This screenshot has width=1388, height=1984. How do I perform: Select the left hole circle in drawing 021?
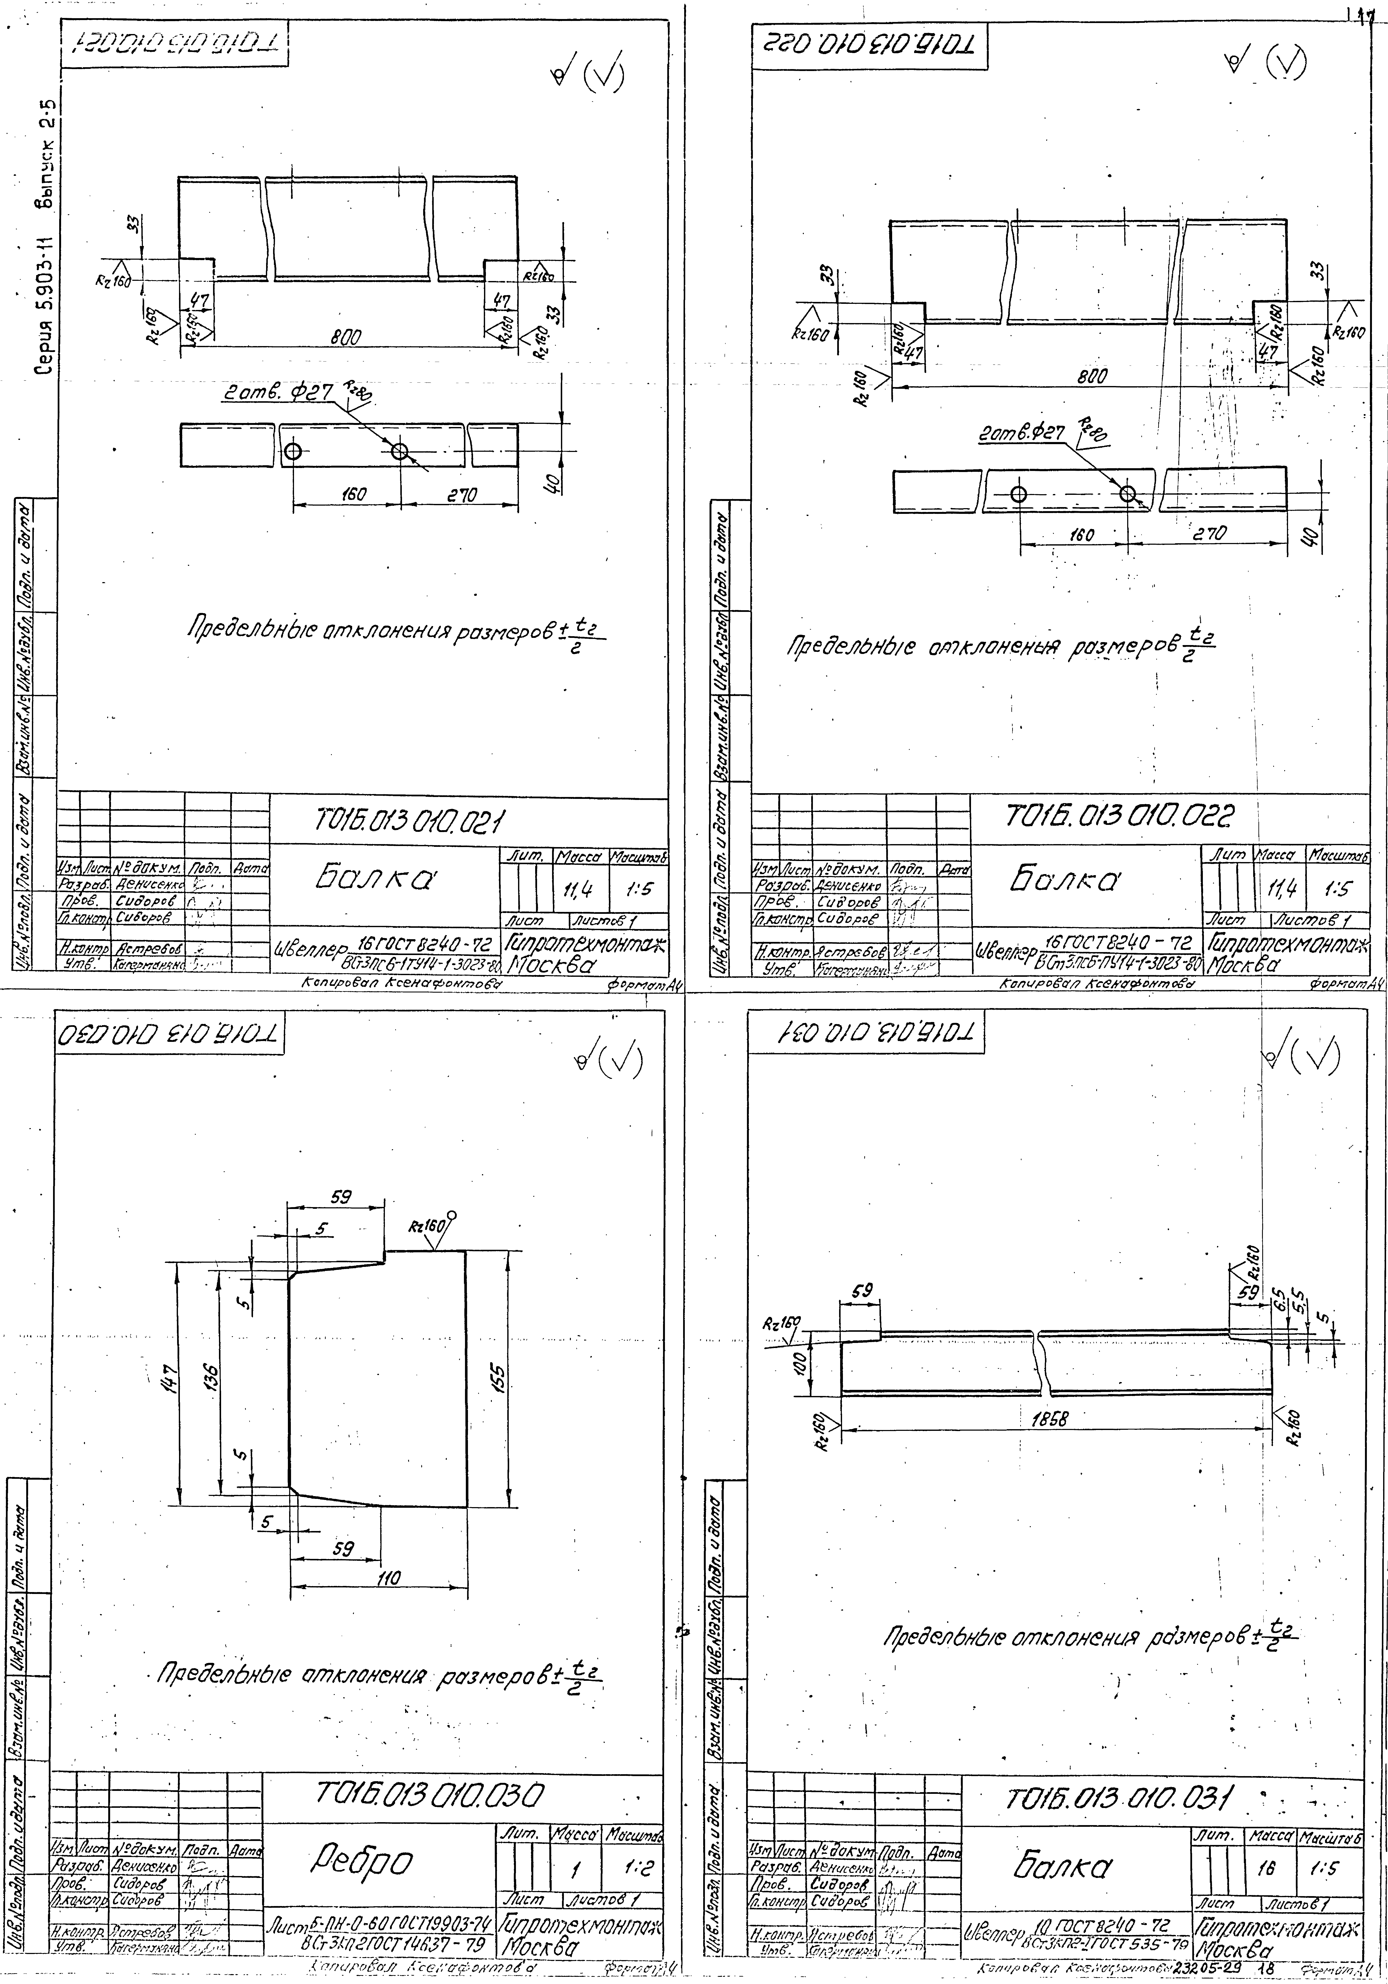(x=293, y=452)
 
